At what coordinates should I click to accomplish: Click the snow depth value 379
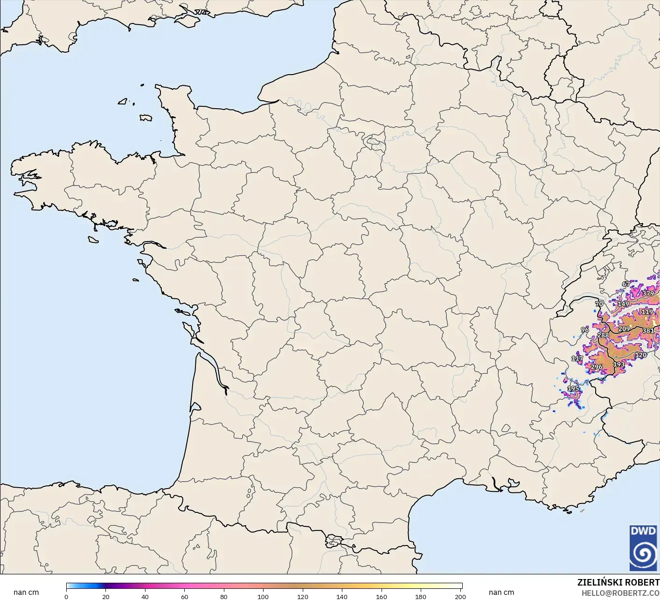(648, 294)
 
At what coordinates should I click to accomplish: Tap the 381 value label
(648, 331)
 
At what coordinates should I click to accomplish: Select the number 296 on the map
(596, 367)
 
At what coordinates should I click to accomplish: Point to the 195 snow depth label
(573, 388)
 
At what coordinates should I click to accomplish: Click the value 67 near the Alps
(626, 284)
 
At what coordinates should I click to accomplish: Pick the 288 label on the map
(603, 335)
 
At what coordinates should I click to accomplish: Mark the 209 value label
(624, 329)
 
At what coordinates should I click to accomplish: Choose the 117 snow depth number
(577, 359)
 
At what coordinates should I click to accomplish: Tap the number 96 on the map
(585, 330)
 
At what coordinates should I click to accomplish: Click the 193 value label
(618, 365)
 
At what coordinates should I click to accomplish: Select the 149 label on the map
(623, 304)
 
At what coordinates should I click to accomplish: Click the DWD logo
(643, 547)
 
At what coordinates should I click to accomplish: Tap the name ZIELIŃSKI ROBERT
(618, 582)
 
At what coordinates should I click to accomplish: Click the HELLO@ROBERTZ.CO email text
(620, 593)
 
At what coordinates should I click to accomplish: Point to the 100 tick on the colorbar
(263, 597)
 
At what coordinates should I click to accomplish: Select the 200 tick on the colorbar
(460, 597)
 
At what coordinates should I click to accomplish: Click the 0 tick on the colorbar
(66, 597)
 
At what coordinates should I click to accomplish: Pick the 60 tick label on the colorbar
(185, 597)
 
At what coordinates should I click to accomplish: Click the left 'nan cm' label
(26, 593)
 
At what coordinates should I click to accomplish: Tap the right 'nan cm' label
(501, 593)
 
